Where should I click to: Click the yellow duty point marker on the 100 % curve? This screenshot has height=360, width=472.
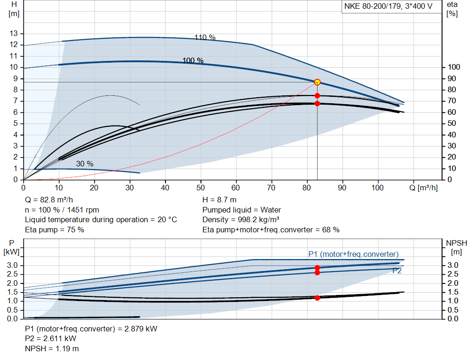[x=317, y=82]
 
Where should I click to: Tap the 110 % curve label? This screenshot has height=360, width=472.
[x=205, y=37]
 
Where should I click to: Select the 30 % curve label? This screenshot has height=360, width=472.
[x=84, y=164]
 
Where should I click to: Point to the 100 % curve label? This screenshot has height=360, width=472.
[x=193, y=60]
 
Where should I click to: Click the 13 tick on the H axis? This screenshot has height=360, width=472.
[x=14, y=34]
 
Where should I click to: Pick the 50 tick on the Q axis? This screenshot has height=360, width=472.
[x=201, y=188]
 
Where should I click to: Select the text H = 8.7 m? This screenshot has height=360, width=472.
[x=219, y=200]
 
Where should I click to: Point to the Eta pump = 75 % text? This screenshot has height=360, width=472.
[x=54, y=229]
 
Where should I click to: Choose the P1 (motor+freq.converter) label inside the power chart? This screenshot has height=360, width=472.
[x=353, y=254]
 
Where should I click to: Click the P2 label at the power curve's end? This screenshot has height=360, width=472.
[x=396, y=271]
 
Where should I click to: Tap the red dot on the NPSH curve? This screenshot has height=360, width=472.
[x=317, y=298]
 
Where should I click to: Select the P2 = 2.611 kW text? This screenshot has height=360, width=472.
[x=51, y=339]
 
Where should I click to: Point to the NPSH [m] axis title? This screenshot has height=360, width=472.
[x=456, y=247]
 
